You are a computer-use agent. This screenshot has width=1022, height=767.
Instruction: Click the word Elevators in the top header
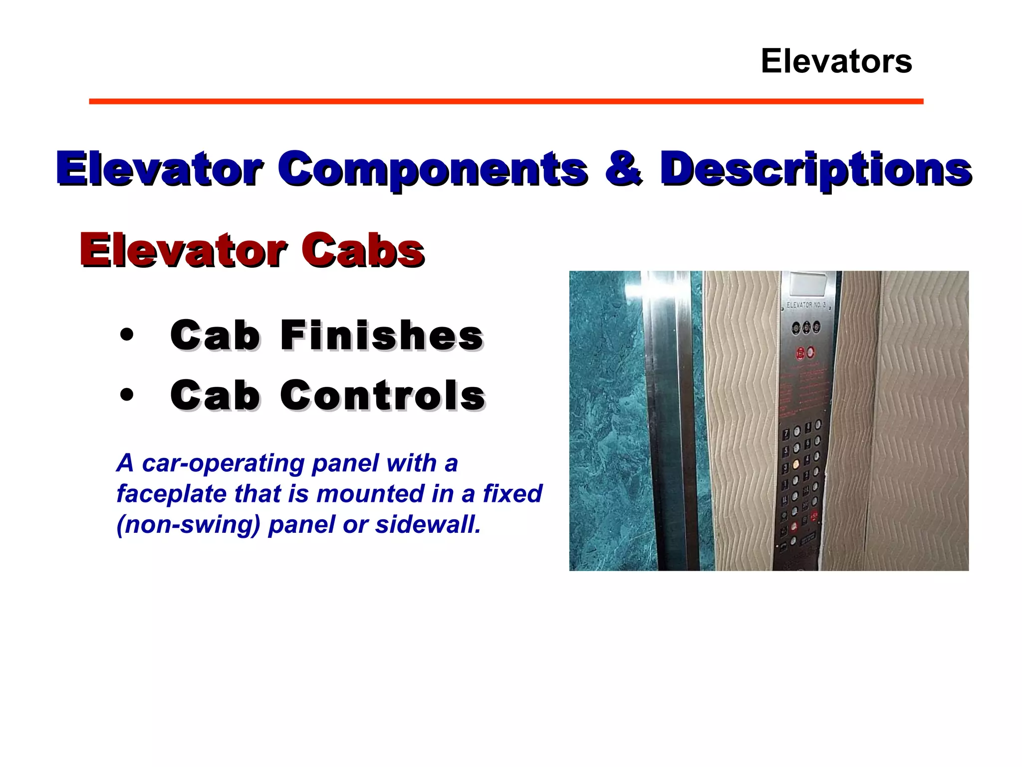[836, 61]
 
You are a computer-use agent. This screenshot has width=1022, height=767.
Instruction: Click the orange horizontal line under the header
[506, 101]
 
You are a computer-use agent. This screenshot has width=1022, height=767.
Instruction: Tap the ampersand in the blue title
[623, 169]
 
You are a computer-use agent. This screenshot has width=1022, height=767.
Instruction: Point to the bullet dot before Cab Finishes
[127, 335]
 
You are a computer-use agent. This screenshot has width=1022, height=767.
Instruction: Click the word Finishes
[382, 335]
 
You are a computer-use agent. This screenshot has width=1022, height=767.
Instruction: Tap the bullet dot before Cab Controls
[127, 395]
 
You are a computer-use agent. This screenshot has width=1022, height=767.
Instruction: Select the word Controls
[383, 395]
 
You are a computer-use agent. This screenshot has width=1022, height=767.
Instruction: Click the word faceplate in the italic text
[171, 494]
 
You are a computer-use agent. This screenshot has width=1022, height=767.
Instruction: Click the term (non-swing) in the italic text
[189, 524]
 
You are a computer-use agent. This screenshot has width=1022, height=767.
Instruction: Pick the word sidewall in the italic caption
[428, 524]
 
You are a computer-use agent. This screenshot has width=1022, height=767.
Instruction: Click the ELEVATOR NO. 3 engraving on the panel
[806, 305]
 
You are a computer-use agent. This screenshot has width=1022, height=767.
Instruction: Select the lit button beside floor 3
[796, 465]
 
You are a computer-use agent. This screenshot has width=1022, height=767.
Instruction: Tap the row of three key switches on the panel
[806, 328]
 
